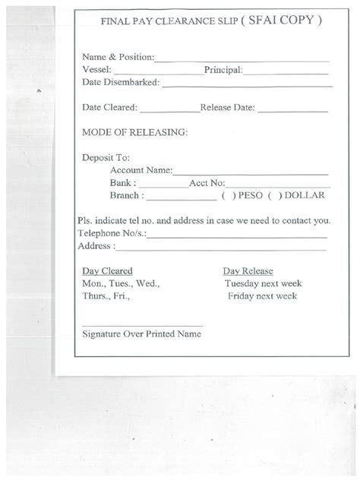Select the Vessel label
96,70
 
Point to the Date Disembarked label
120,82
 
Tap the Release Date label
228,108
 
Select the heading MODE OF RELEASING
134,132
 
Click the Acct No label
207,183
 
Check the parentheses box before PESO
227,196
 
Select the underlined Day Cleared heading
107,271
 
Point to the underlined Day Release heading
248,271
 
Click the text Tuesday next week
263,283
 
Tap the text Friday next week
262,296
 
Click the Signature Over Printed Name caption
141,334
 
